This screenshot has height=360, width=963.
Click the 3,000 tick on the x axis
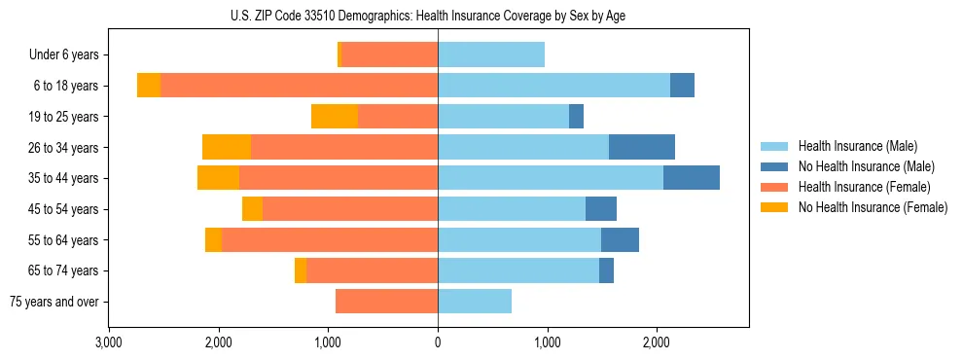(x=109, y=342)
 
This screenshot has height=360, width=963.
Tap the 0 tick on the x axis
(x=438, y=342)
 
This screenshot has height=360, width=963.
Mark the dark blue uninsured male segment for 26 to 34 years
(x=641, y=147)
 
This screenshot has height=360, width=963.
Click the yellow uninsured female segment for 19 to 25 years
(x=335, y=117)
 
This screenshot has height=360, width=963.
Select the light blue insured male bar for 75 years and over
(x=475, y=302)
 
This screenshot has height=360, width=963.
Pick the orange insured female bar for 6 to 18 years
(x=299, y=86)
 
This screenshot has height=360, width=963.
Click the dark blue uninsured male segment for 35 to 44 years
(x=691, y=178)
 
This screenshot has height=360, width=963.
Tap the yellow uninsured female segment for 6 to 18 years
(x=149, y=86)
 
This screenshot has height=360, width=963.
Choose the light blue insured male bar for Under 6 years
(x=491, y=55)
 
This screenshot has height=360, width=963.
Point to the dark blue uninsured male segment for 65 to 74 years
(x=606, y=270)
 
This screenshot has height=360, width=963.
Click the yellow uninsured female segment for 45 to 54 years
(x=252, y=209)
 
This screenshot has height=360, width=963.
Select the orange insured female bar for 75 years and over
(x=386, y=302)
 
